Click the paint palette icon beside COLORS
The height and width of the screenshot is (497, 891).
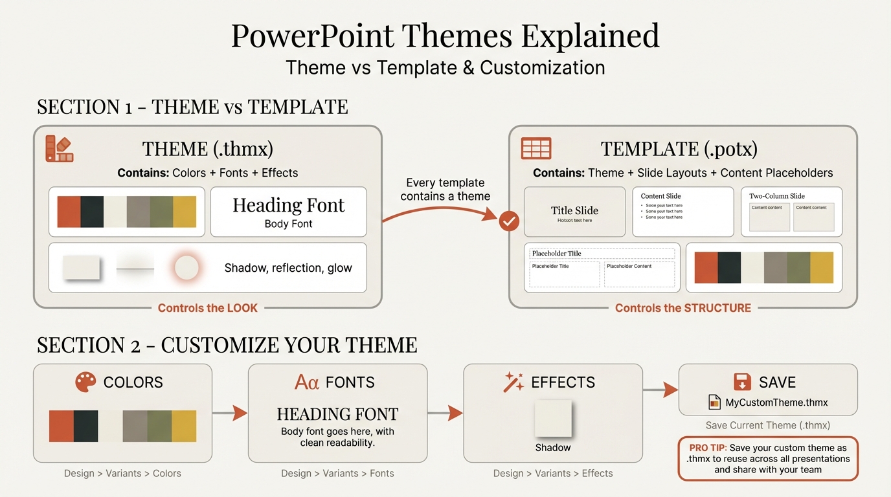tap(85, 382)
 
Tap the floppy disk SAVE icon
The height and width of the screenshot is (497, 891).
tap(742, 381)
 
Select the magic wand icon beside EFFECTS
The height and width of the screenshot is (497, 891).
tap(513, 382)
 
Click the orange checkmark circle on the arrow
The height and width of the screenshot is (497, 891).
tap(510, 221)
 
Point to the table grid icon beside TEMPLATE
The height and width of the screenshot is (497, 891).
tap(536, 149)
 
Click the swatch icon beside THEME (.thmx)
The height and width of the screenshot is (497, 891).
tap(59, 148)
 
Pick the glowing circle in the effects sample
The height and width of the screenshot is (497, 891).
tap(186, 267)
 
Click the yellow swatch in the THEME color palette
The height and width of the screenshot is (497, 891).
tap(185, 212)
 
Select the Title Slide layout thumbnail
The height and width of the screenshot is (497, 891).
tap(574, 212)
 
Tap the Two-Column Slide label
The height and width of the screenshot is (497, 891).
tap(776, 196)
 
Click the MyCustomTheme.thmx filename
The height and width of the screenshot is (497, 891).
tap(776, 403)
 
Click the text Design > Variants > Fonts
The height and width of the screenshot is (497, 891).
tap(337, 473)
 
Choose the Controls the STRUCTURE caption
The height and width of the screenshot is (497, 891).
tap(682, 308)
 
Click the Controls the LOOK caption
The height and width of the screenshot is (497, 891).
tap(207, 308)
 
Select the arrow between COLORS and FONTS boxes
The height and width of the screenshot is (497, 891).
tap(230, 413)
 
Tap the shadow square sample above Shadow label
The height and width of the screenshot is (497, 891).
tap(552, 419)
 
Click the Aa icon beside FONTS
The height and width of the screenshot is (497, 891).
tap(307, 382)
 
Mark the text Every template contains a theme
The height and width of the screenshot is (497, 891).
tap(445, 190)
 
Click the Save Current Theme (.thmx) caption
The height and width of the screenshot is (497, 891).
tap(767, 425)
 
